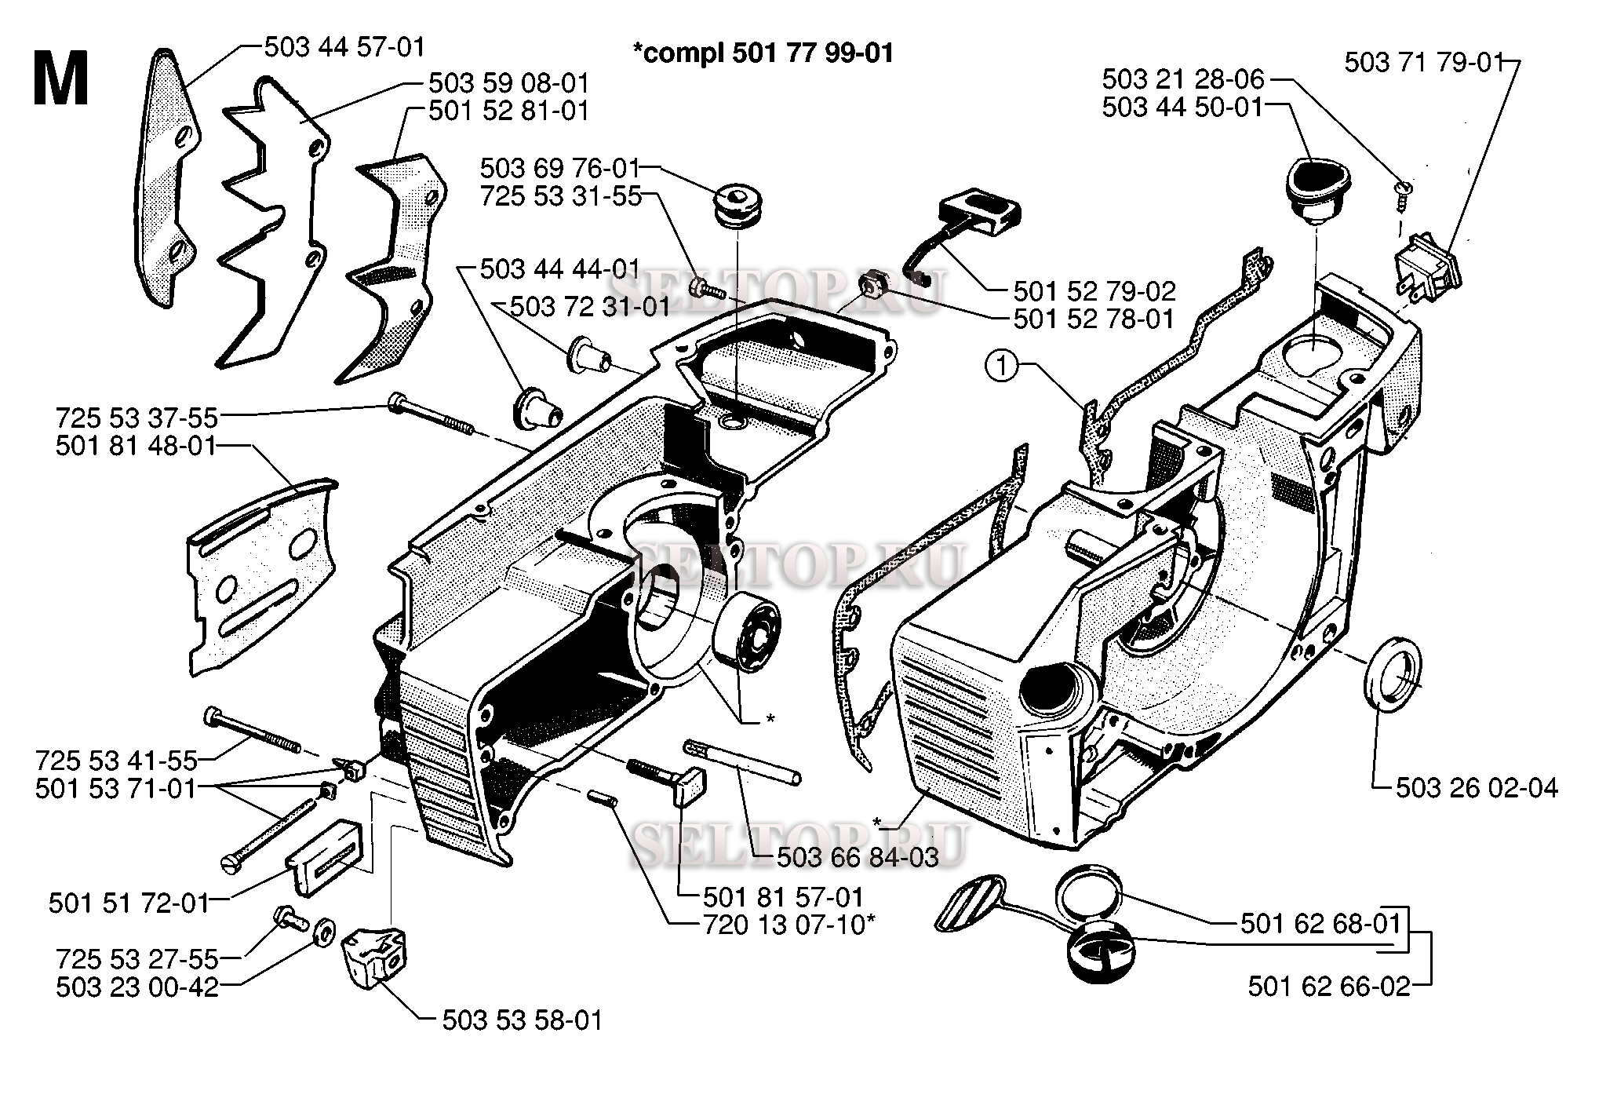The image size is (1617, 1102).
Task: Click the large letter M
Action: pyautogui.click(x=60, y=78)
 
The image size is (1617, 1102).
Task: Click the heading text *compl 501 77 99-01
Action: pyautogui.click(x=763, y=53)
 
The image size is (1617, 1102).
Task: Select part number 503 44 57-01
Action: pyautogui.click(x=344, y=47)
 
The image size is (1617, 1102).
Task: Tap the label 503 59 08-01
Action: pyautogui.click(x=508, y=82)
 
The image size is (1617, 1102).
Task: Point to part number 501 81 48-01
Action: pyautogui.click(x=135, y=446)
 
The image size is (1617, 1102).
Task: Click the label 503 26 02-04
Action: pyautogui.click(x=1477, y=787)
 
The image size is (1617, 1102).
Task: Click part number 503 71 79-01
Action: pyautogui.click(x=1424, y=62)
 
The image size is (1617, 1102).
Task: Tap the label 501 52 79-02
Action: pyautogui.click(x=1094, y=291)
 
